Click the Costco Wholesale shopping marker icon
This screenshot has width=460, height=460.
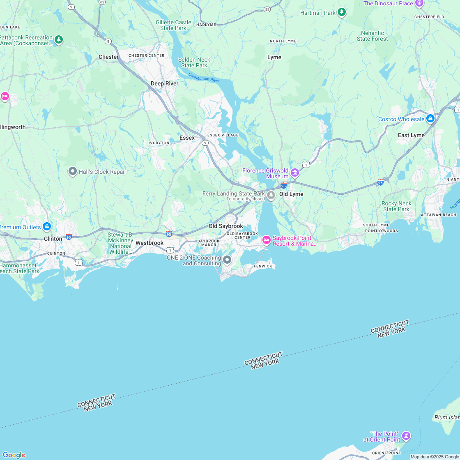click(430, 119)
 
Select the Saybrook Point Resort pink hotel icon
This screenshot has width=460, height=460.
click(267, 240)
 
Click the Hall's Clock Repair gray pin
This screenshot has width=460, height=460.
click(73, 171)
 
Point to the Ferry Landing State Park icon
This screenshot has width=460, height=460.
click(271, 195)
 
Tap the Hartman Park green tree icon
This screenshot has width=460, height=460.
click(341, 12)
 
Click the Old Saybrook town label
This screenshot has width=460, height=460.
click(225, 226)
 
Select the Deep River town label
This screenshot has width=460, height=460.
click(164, 83)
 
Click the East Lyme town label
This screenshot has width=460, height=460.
click(411, 135)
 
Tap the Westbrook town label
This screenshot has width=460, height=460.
click(149, 243)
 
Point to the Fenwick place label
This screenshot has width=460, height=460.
click(263, 266)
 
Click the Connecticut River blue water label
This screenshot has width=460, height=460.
click(204, 77)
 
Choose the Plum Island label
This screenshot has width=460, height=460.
click(447, 417)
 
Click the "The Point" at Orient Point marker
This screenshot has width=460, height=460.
click(406, 435)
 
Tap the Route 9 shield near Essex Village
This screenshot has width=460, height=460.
click(205, 143)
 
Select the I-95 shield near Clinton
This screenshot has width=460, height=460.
click(69, 237)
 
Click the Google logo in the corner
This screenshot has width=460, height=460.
click(14, 455)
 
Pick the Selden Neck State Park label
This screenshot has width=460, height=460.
click(194, 62)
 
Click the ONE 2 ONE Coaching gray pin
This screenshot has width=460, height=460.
click(227, 260)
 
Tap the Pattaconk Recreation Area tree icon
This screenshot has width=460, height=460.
click(59, 40)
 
